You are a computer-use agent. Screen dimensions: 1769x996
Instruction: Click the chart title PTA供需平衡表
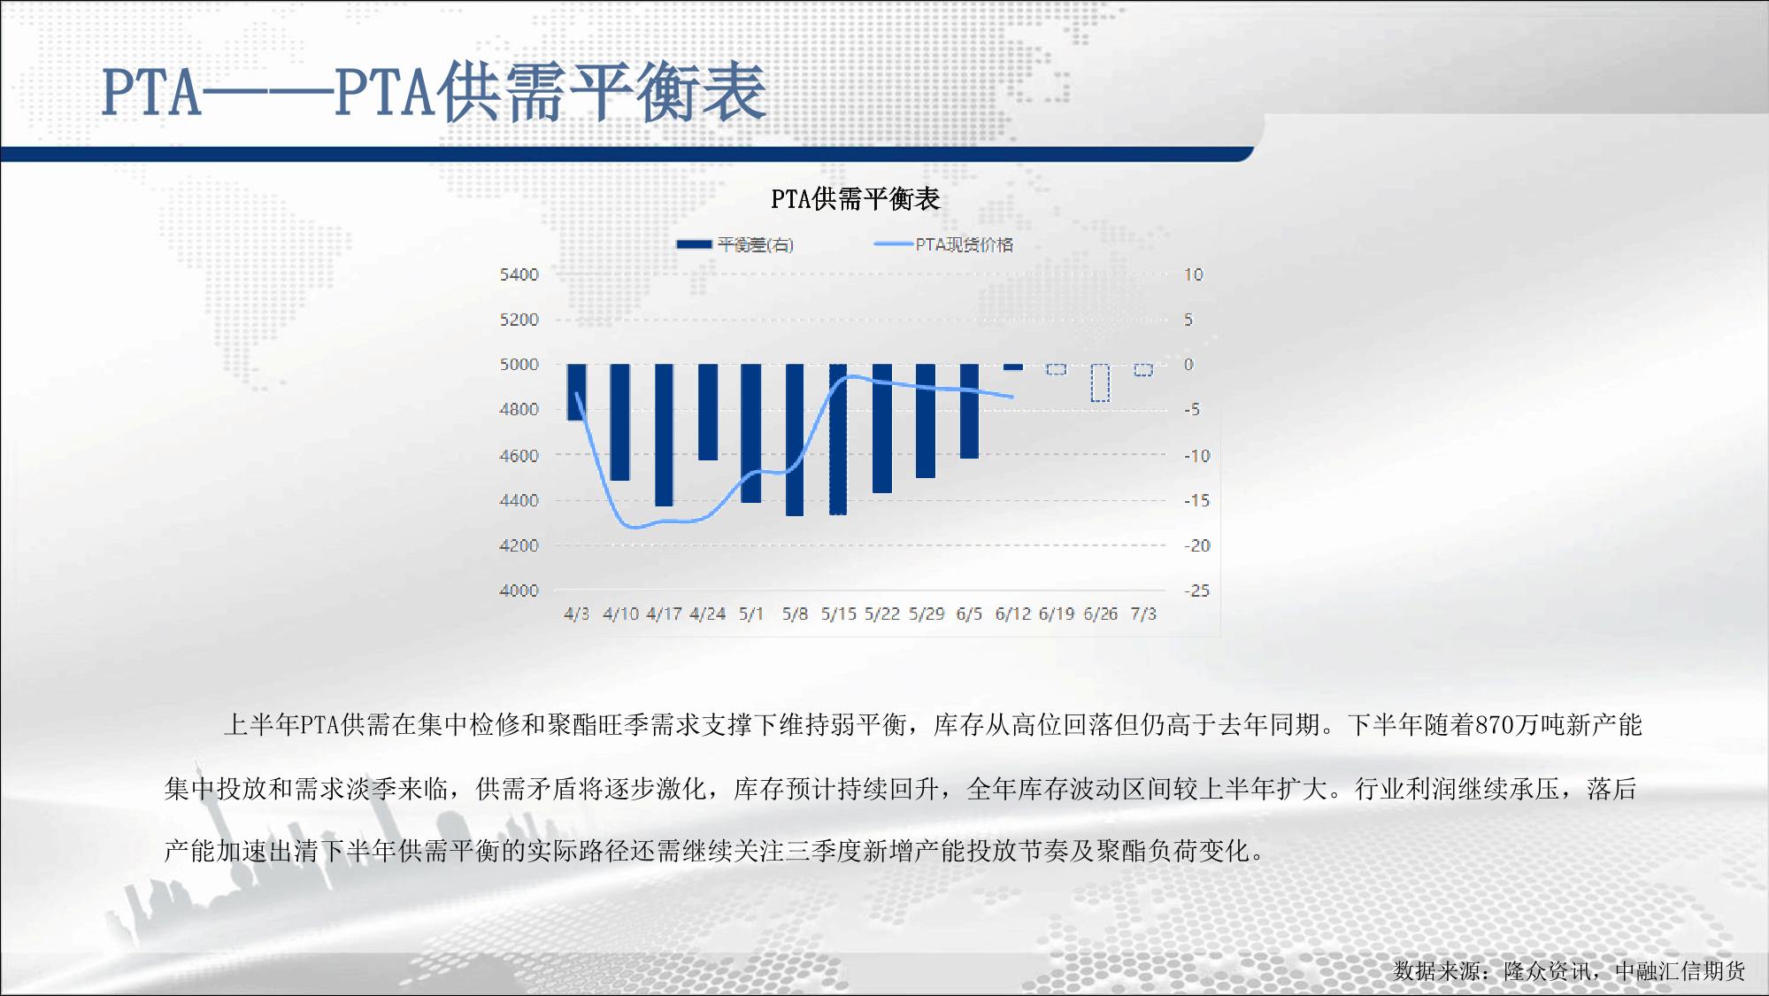pyautogui.click(x=855, y=199)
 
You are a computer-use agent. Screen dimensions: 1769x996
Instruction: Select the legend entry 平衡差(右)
pyautogui.click(x=735, y=245)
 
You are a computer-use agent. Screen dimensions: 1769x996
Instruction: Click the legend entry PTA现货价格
pyautogui.click(x=943, y=244)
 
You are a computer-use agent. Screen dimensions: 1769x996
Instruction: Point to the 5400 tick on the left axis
pyautogui.click(x=519, y=274)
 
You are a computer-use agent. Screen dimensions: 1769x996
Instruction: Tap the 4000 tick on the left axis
pyautogui.click(x=519, y=591)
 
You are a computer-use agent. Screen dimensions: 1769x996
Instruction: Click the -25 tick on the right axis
pyautogui.click(x=1197, y=591)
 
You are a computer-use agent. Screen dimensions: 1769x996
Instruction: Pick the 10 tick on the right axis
pyautogui.click(x=1194, y=274)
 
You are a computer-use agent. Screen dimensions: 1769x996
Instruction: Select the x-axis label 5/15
pyautogui.click(x=839, y=614)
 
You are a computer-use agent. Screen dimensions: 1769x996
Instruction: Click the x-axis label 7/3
pyautogui.click(x=1143, y=614)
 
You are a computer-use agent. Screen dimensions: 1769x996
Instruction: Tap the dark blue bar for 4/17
pyautogui.click(x=664, y=435)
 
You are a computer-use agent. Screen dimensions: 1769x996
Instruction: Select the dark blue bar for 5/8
pyautogui.click(x=795, y=440)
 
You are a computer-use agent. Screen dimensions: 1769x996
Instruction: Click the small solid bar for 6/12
pyautogui.click(x=1013, y=367)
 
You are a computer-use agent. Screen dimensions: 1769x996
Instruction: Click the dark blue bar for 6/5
pyautogui.click(x=970, y=411)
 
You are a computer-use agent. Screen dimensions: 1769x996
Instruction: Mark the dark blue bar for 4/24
pyautogui.click(x=708, y=412)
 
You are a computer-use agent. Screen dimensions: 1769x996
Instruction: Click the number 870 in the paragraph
pyautogui.click(x=1494, y=725)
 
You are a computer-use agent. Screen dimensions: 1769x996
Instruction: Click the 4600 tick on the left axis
pyautogui.click(x=519, y=456)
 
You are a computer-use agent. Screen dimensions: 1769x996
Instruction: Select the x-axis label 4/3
pyautogui.click(x=576, y=614)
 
